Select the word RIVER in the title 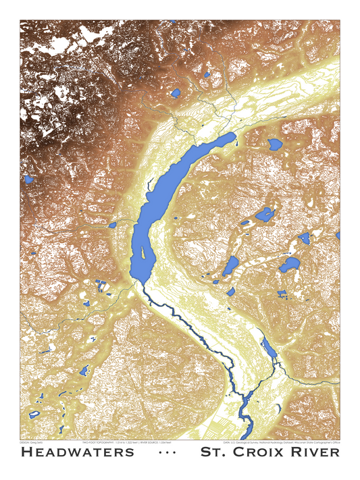(x=317, y=452)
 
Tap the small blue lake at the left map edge (x=29, y=180)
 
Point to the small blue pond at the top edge (x=173, y=21)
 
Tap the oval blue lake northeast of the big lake (x=275, y=144)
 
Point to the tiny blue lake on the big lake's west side (x=112, y=224)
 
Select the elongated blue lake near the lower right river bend (x=269, y=349)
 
